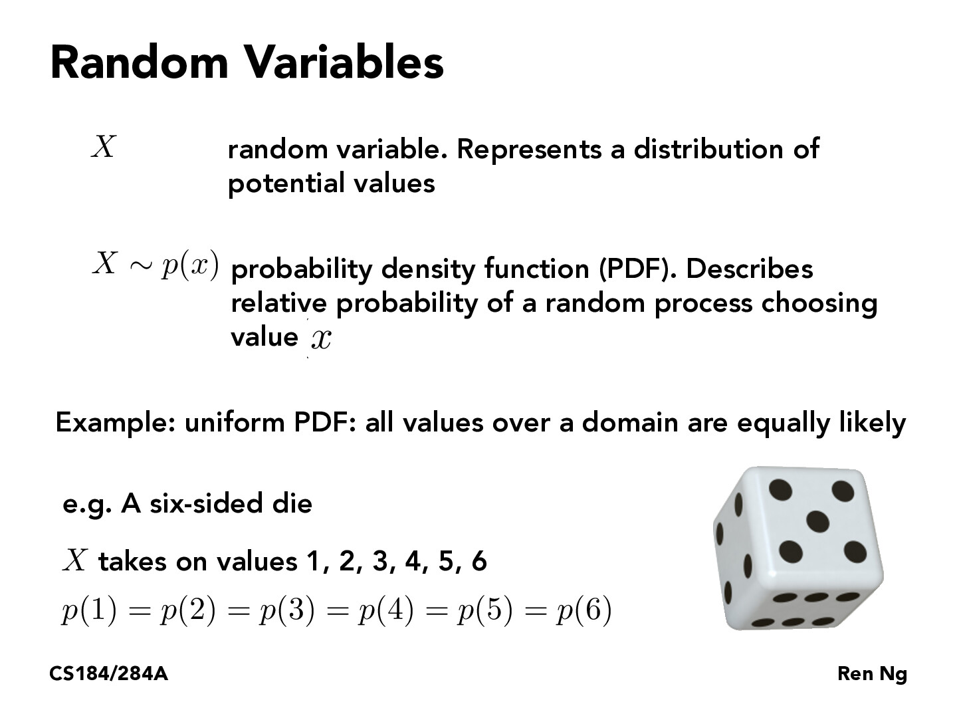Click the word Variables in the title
pos(344,62)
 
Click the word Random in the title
pos(139,62)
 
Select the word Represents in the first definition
pos(530,149)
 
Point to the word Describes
pos(749,269)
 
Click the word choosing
pos(819,304)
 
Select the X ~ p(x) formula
pos(155,265)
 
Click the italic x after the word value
pos(320,339)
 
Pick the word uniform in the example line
pos(234,423)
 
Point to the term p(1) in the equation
pos(88,611)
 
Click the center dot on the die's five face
pos(817,521)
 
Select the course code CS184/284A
pos(108,674)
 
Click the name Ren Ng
pos(872,674)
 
